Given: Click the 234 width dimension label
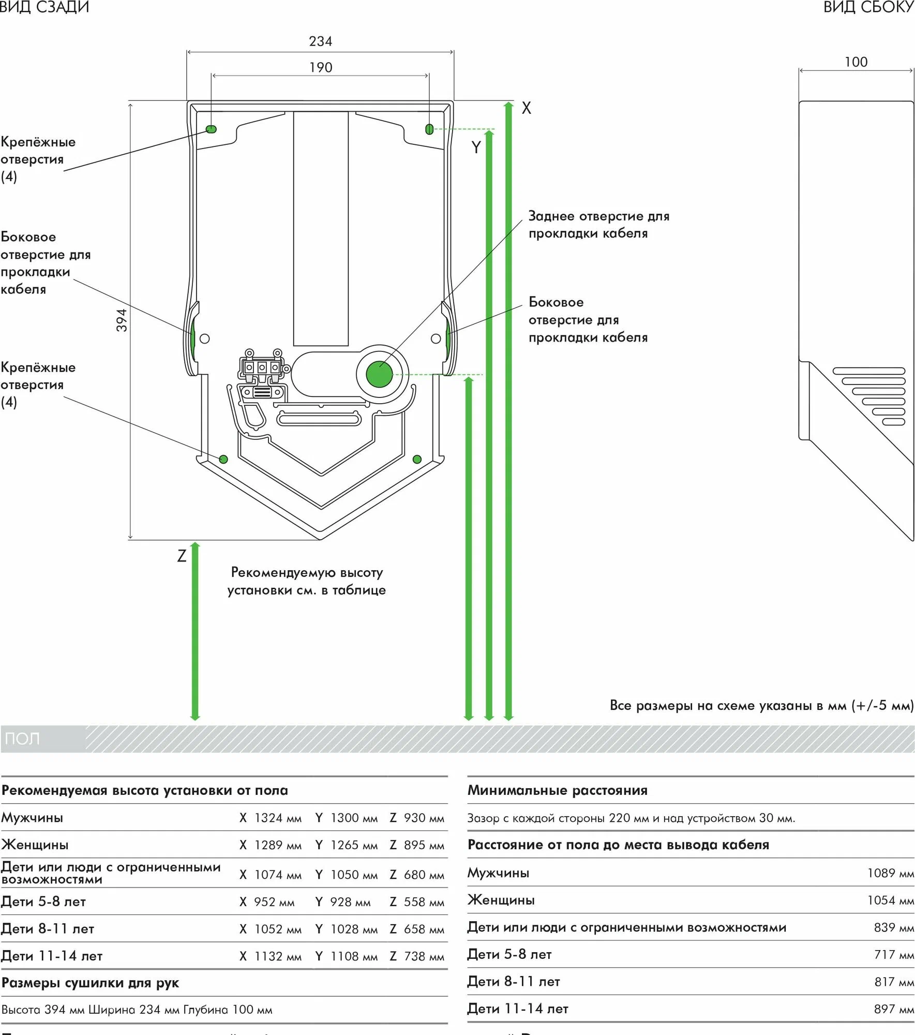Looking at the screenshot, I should tap(320, 41).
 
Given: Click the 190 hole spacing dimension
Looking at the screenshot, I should tap(321, 68).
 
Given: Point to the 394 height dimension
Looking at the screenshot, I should tap(121, 320).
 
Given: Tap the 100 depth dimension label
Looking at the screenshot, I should tap(856, 62).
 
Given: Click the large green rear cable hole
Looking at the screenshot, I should tap(379, 374).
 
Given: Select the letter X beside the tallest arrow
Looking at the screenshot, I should tap(526, 108).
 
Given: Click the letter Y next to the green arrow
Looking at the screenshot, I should tap(476, 148).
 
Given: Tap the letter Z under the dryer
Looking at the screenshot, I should tap(182, 556).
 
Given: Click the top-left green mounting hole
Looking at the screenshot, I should tap(211, 129).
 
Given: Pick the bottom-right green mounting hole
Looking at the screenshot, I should tap(417, 459).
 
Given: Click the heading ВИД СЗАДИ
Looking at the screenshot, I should tap(44, 7).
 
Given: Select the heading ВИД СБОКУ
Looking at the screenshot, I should tap(868, 7).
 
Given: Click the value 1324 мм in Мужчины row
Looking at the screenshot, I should tap(278, 818).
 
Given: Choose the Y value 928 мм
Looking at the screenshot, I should tap(350, 902).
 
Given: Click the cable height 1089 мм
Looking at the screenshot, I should tap(890, 874).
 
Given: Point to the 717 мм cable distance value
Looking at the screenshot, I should tap(893, 955).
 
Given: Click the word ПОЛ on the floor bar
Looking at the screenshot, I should tap(22, 738).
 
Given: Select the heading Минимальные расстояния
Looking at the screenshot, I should tap(557, 790).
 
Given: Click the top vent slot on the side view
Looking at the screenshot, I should tap(868, 371).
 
